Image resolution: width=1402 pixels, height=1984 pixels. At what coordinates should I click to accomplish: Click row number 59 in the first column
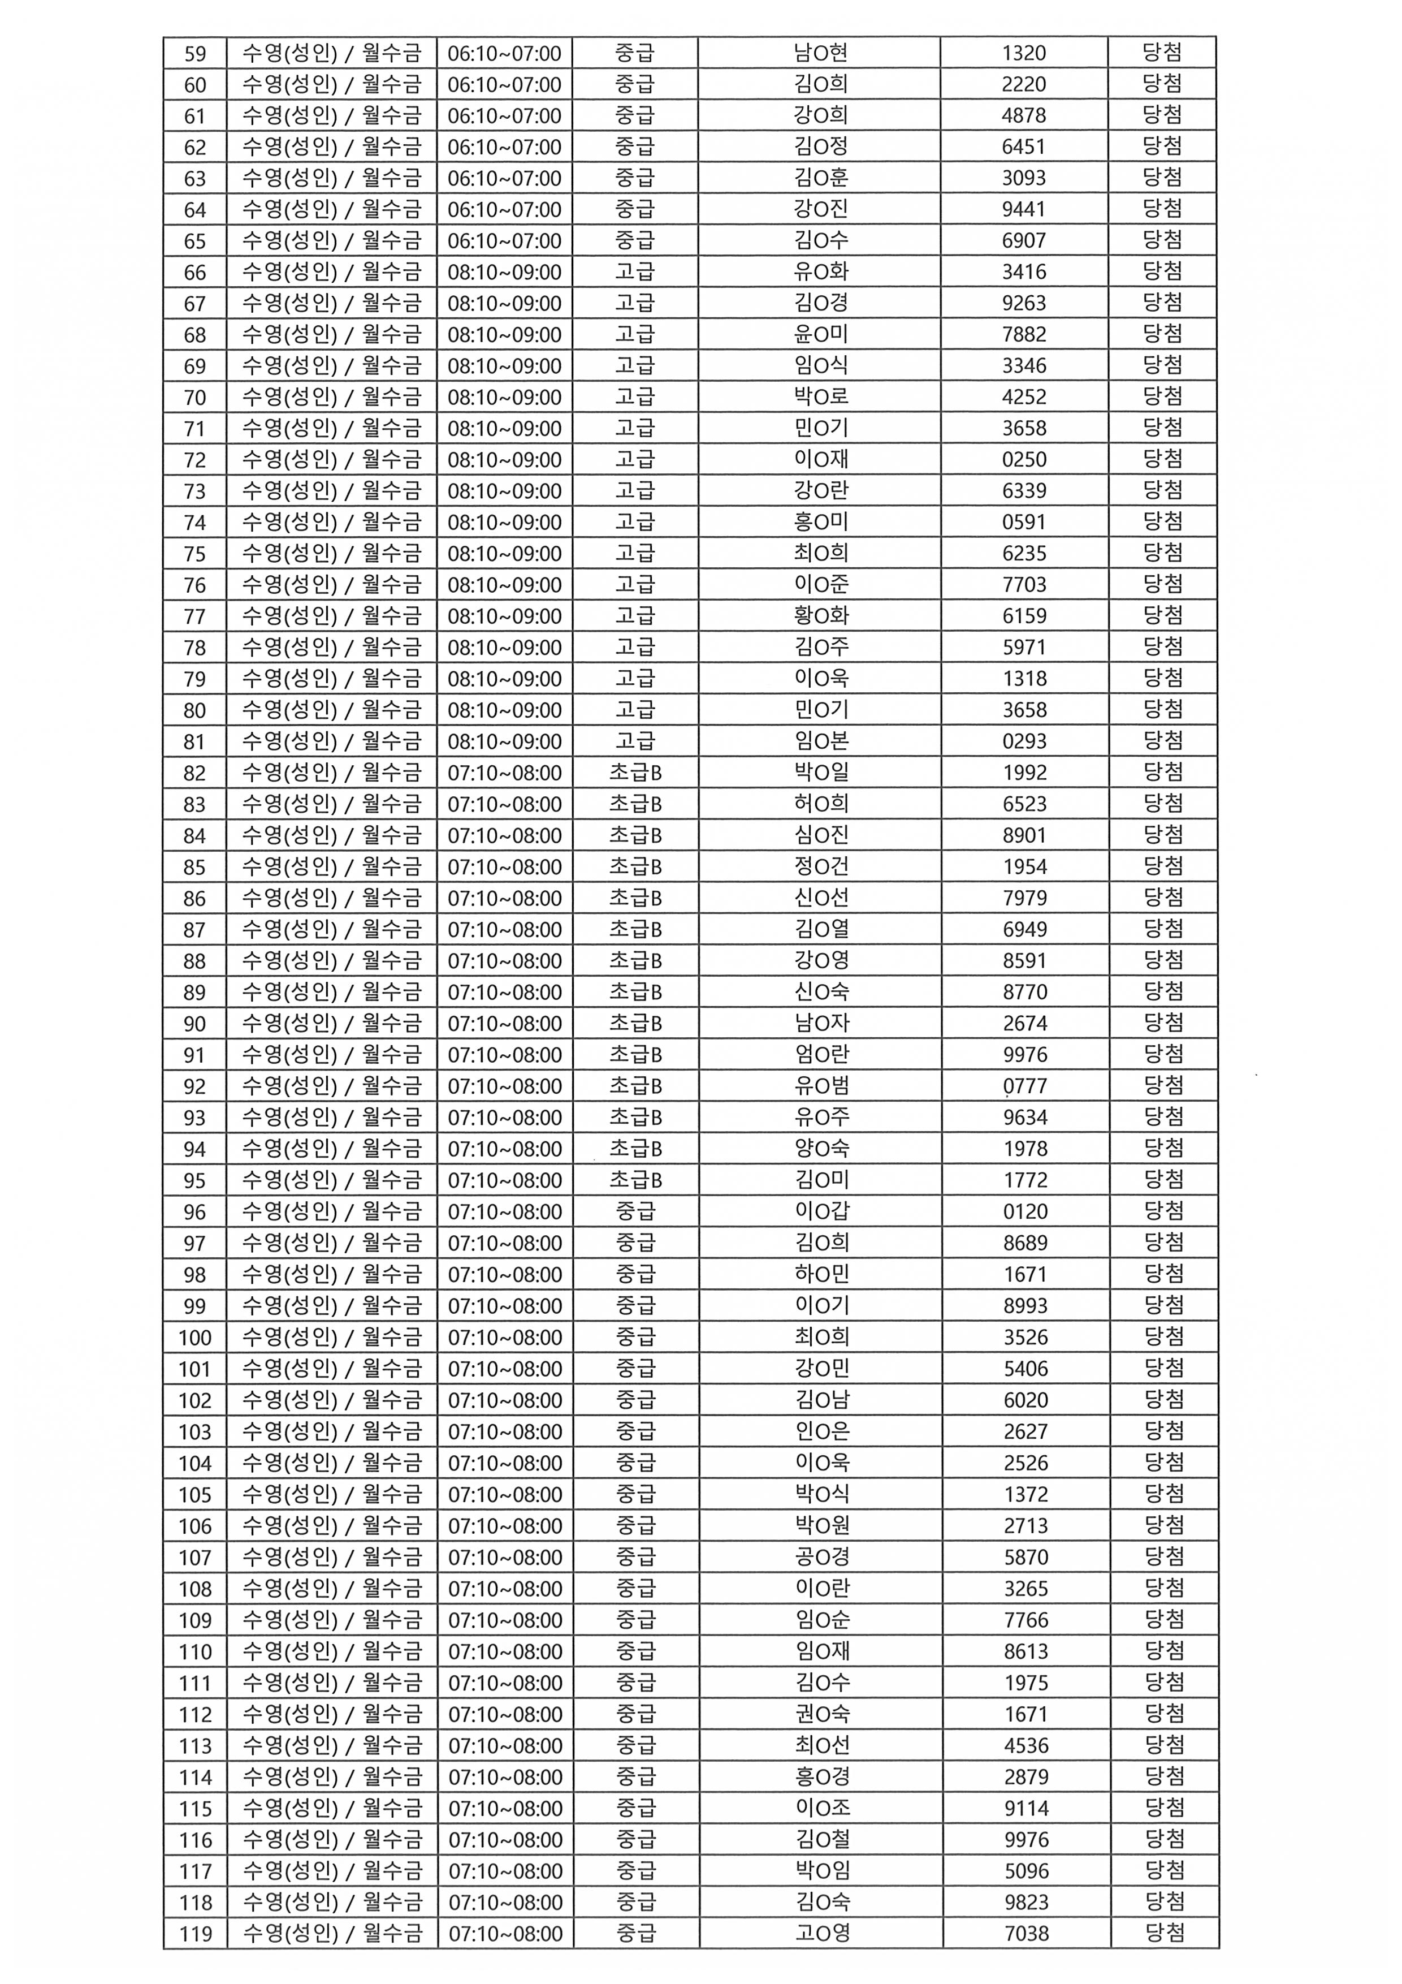coord(195,54)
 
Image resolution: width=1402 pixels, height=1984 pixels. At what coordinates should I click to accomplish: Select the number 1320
coord(1024,54)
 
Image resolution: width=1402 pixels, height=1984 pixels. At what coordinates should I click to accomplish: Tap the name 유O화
coord(821,272)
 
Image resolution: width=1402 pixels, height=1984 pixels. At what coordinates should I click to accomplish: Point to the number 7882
coord(1024,334)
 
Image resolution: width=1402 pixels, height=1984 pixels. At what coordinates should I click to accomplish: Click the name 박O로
coord(821,398)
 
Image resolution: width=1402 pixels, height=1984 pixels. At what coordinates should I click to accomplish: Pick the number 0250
coord(1024,460)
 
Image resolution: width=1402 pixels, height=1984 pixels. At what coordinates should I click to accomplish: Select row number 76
coord(195,585)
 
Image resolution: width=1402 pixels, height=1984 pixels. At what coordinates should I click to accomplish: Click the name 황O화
coord(821,616)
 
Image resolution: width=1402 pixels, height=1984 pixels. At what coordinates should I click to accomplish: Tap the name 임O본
coord(821,741)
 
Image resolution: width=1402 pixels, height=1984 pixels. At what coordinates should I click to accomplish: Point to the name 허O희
coord(821,804)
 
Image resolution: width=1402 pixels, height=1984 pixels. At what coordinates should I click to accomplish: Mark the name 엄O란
coord(821,1055)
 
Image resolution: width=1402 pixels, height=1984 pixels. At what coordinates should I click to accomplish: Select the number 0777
coord(1024,1086)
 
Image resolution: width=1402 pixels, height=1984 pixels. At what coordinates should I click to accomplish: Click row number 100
coord(195,1338)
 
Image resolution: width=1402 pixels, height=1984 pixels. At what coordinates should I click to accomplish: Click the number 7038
coord(1026,1934)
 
